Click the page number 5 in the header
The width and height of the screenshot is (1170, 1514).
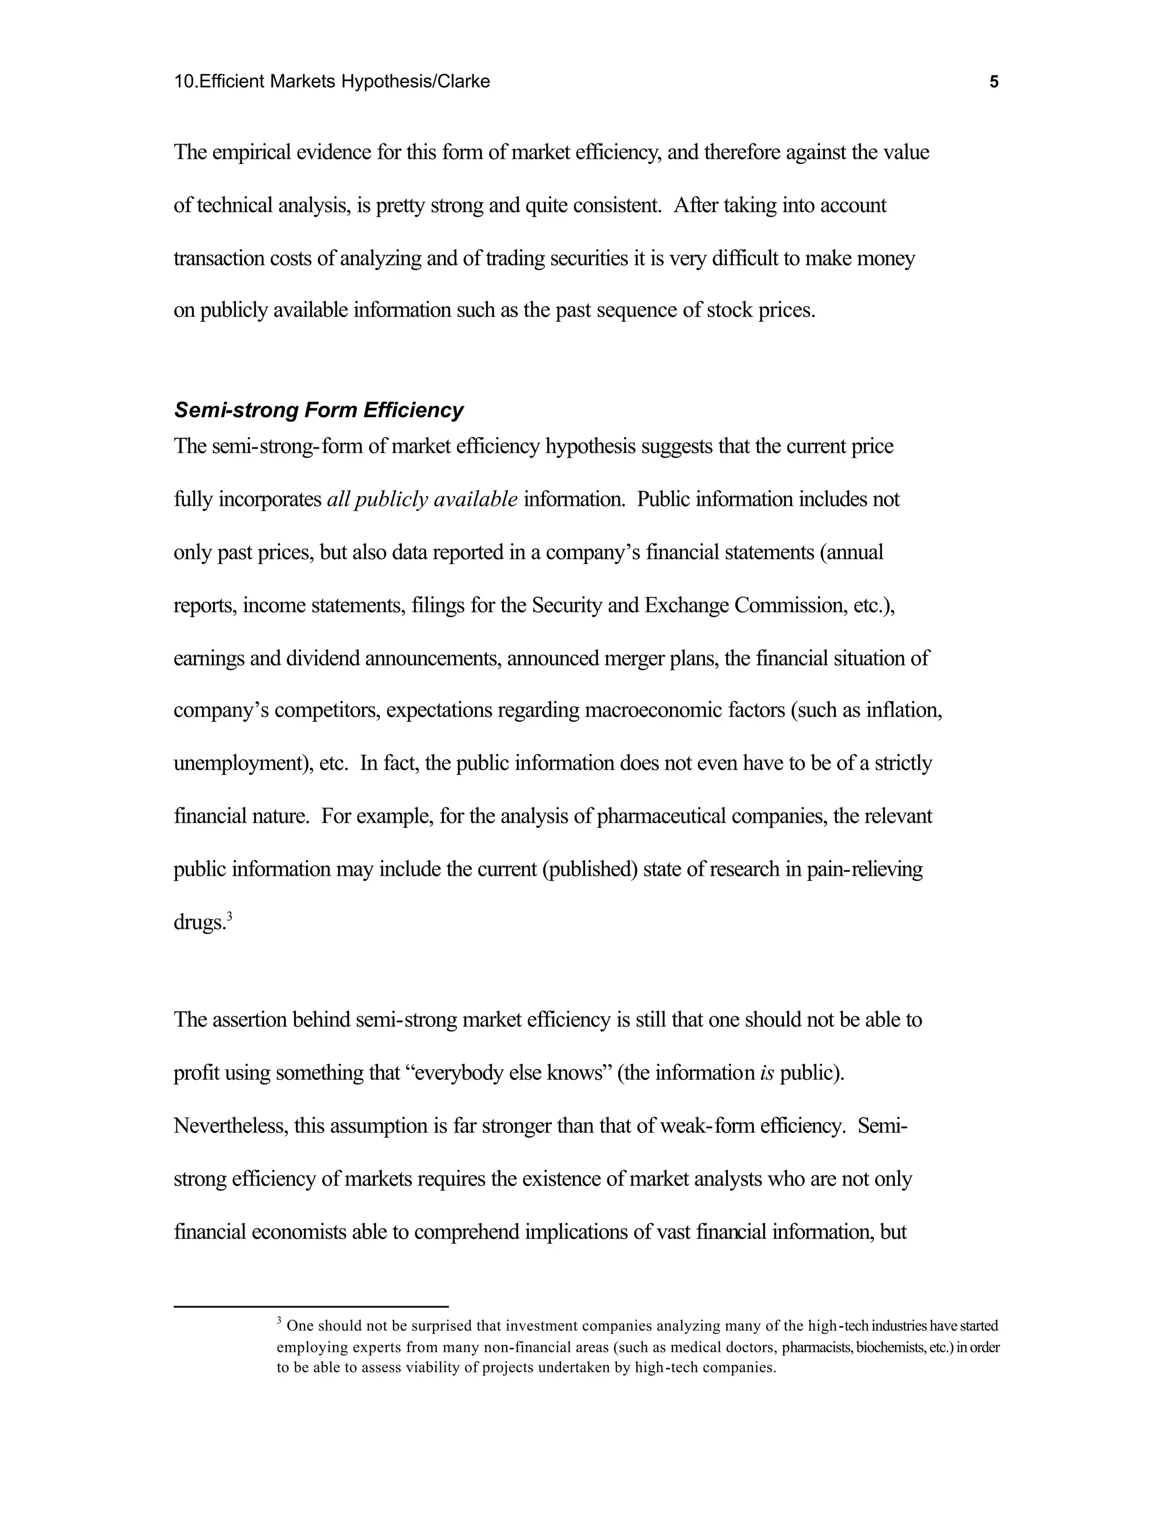[x=994, y=82]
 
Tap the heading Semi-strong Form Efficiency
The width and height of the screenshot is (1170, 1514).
[x=318, y=410]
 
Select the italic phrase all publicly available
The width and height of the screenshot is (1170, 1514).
[x=422, y=499]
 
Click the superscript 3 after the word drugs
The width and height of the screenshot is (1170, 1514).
[x=230, y=917]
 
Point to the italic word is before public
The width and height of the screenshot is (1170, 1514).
[x=767, y=1073]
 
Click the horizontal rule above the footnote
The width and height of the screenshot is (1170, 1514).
[x=311, y=1307]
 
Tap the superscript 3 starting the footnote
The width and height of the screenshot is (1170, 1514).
[x=279, y=1322]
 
